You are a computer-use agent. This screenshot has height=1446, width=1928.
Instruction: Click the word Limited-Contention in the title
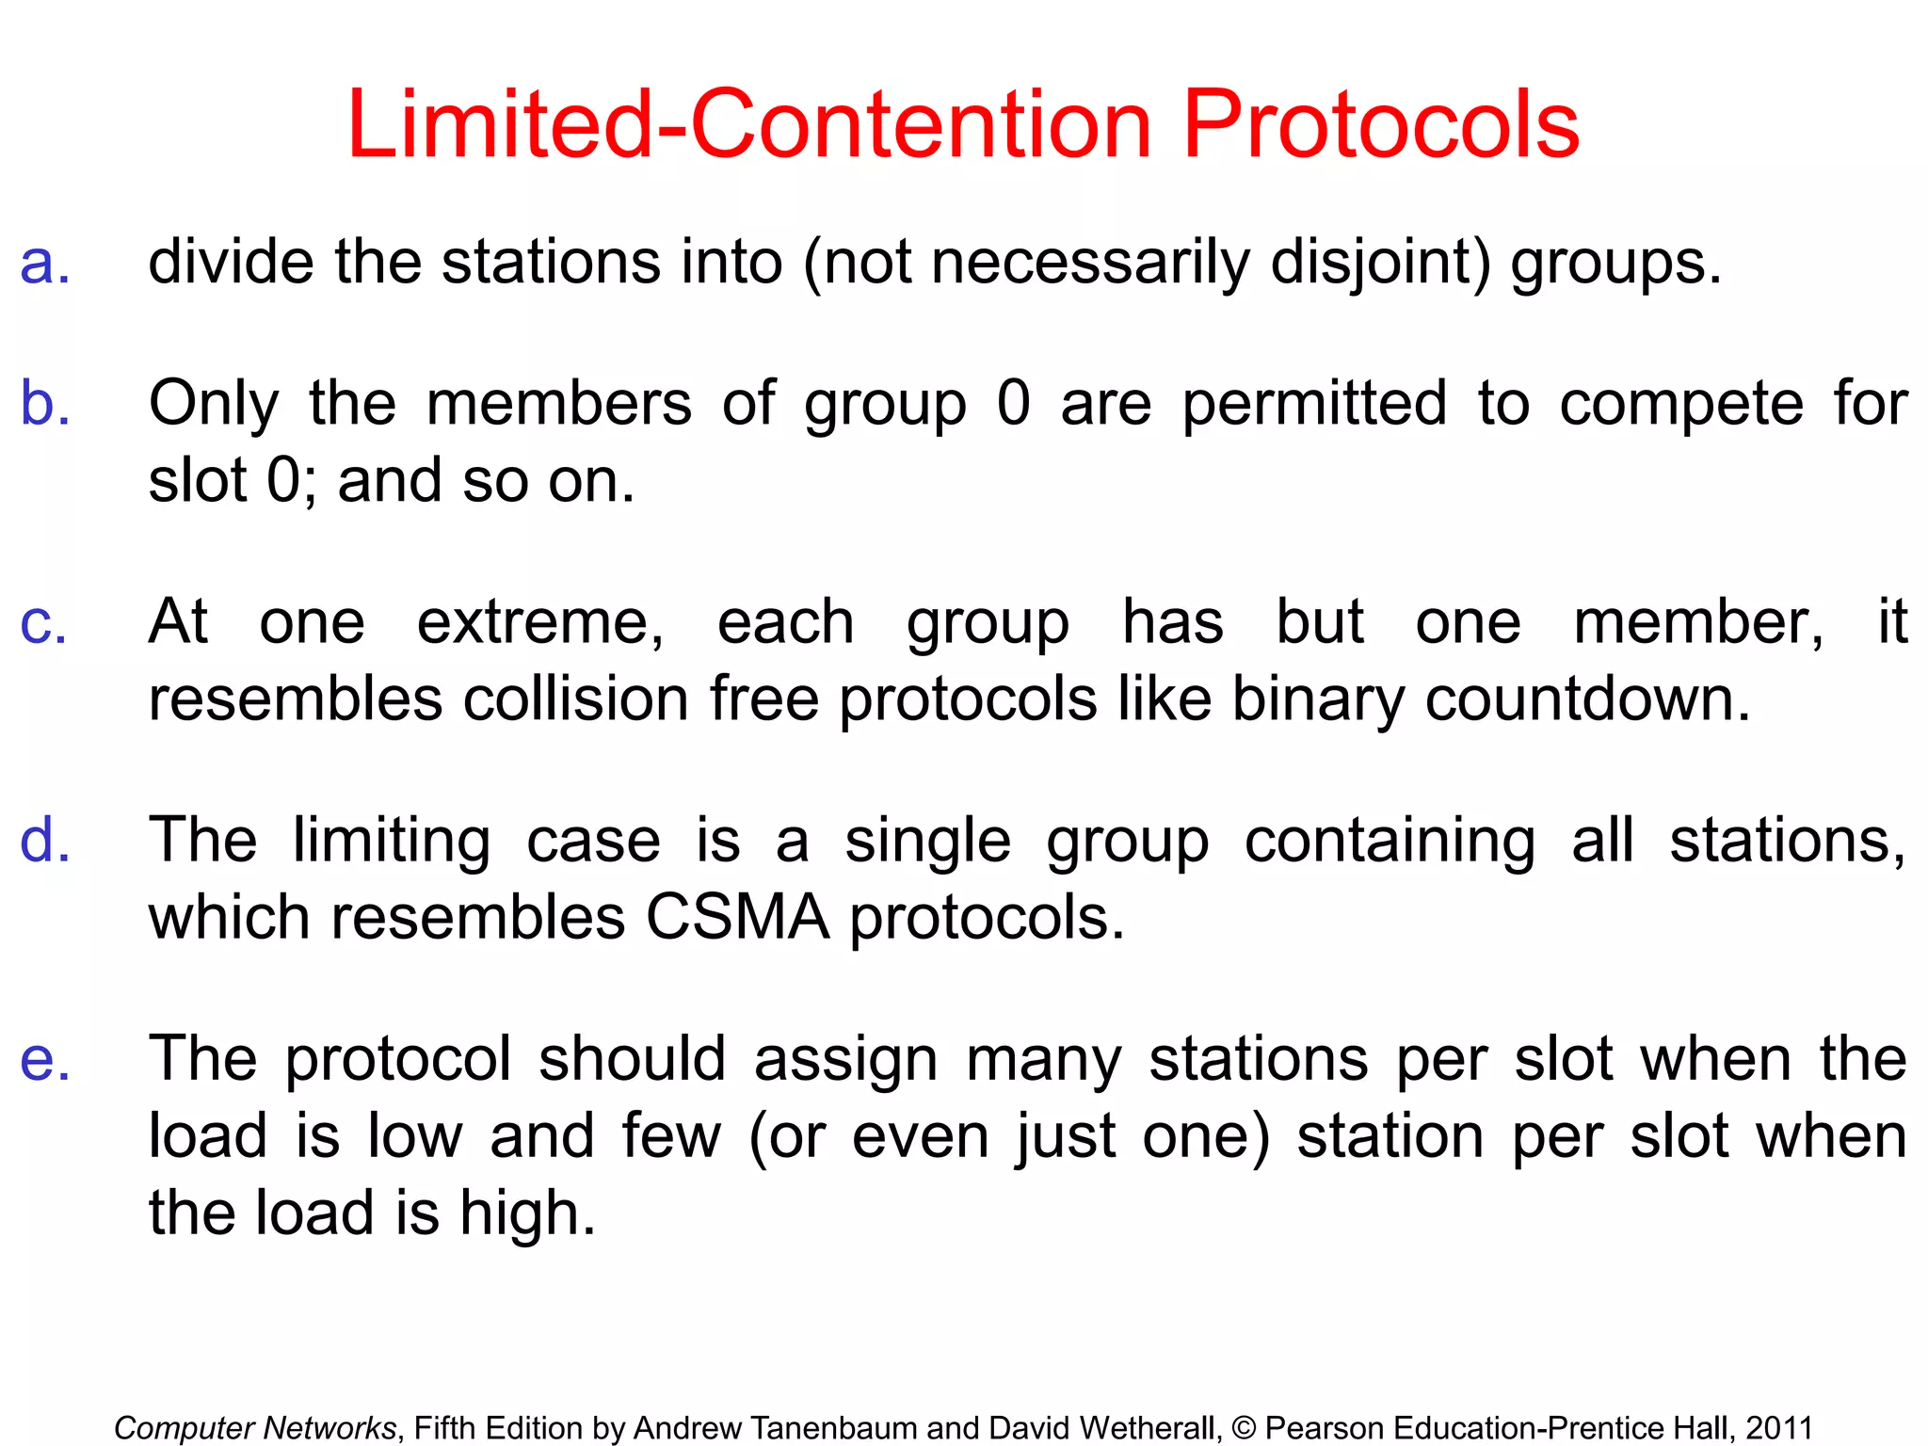tap(749, 125)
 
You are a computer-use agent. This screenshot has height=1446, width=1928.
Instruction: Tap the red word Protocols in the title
tap(1380, 125)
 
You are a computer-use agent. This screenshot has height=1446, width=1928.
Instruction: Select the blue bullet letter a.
tap(44, 263)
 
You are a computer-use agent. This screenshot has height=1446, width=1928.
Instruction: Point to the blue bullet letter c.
tap(43, 623)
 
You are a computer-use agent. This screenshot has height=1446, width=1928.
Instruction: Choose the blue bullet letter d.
tap(44, 840)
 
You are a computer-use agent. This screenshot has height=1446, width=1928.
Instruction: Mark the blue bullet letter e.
tap(44, 1060)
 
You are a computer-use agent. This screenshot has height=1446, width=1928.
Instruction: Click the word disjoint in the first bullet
tap(1380, 263)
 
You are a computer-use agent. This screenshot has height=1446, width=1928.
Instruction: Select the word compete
tap(1681, 405)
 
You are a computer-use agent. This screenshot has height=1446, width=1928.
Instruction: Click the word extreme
tap(540, 623)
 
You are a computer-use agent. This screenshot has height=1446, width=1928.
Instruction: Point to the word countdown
tap(1587, 700)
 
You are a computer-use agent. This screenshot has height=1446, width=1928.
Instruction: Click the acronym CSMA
tap(737, 918)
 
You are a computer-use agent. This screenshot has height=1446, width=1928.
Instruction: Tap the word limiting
tap(391, 842)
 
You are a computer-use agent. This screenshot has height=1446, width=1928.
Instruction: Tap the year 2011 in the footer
tap(1779, 1428)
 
